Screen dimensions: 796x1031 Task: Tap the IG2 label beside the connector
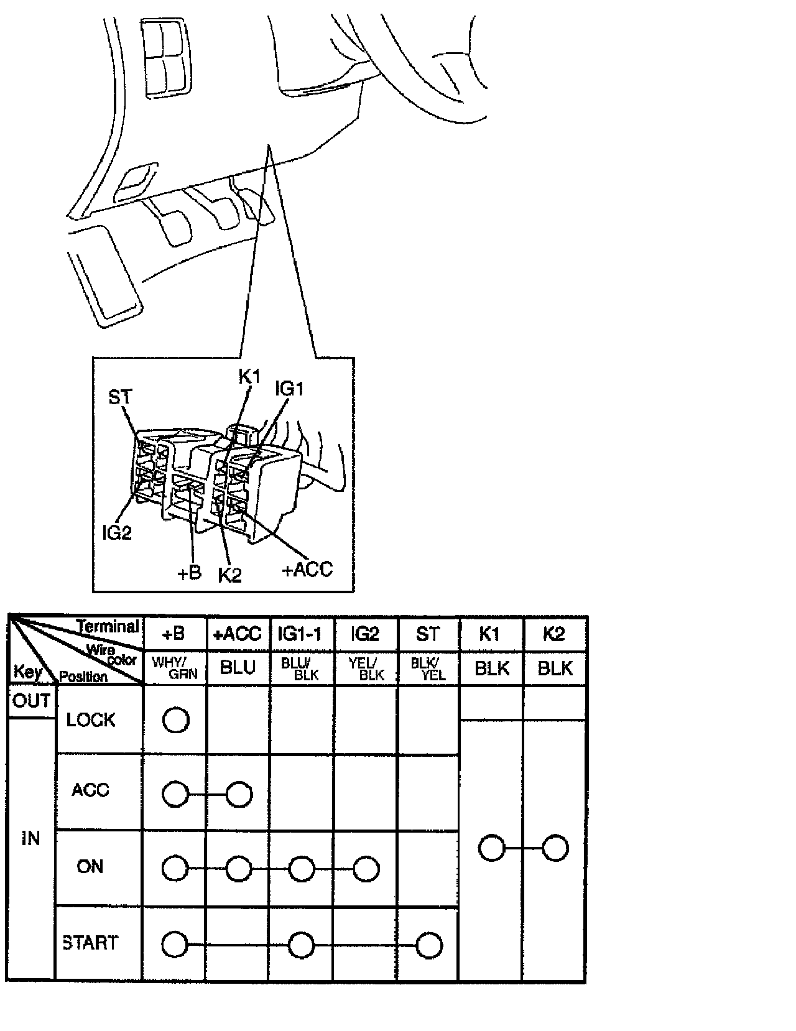(117, 532)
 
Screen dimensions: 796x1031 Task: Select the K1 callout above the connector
(249, 376)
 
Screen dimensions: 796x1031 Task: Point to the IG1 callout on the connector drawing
(289, 389)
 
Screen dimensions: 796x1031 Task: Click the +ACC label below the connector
(307, 569)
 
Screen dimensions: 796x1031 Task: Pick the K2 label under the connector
(229, 575)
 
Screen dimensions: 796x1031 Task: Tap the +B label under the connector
(190, 573)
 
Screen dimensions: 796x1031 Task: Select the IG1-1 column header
(301, 634)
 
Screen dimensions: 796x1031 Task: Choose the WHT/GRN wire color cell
(175, 668)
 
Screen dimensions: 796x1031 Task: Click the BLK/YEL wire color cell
(428, 668)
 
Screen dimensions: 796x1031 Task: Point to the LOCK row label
(91, 720)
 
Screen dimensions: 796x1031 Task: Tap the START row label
(91, 943)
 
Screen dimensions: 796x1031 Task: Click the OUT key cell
(31, 701)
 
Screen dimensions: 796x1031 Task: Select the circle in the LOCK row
(175, 720)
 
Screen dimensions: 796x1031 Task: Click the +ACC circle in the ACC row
(239, 794)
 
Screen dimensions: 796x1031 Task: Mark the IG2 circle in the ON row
(366, 869)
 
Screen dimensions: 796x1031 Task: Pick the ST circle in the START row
(429, 945)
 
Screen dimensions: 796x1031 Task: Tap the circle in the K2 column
(555, 848)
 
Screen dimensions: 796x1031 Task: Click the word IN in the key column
(30, 838)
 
